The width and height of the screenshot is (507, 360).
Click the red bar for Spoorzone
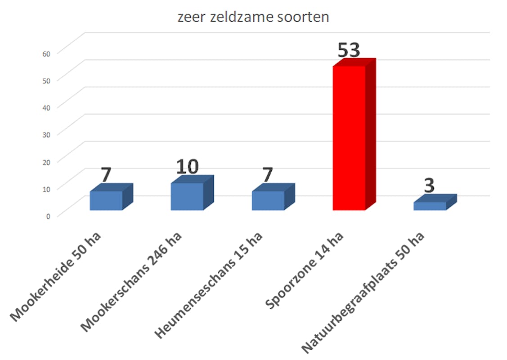pyautogui.click(x=349, y=137)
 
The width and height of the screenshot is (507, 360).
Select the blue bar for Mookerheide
pyautogui.click(x=106, y=200)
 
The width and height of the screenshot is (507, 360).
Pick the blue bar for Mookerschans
pyautogui.click(x=187, y=196)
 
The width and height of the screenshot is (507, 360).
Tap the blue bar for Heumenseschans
pyautogui.click(x=268, y=200)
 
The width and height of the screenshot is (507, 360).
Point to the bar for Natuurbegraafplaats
pyautogui.click(x=430, y=206)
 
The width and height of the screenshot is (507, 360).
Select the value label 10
pyautogui.click(x=187, y=167)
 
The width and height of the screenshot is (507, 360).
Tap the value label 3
pyautogui.click(x=430, y=186)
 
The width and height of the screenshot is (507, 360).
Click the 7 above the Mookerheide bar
pyautogui.click(x=106, y=175)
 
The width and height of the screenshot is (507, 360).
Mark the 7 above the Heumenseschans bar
pyautogui.click(x=268, y=175)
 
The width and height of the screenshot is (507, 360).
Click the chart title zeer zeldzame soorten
pyautogui.click(x=253, y=18)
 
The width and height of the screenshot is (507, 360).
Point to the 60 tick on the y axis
pyautogui.click(x=47, y=53)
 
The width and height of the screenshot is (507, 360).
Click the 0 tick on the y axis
pyautogui.click(x=48, y=215)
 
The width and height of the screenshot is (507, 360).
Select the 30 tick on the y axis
pyautogui.click(x=47, y=134)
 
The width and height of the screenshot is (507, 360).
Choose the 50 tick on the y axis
pyautogui.click(x=47, y=80)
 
